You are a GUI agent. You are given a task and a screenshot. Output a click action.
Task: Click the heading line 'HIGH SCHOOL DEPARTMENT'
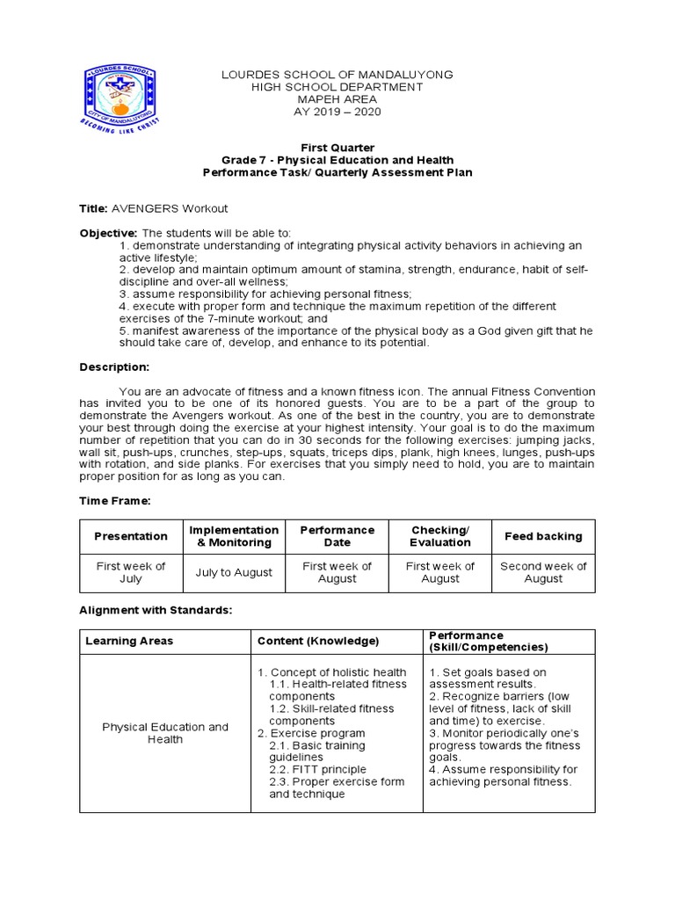337,87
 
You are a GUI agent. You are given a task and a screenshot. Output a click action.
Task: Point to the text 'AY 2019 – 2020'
337,112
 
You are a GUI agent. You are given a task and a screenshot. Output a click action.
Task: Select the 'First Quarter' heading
337,148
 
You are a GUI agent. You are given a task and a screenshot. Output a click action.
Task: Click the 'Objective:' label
114,232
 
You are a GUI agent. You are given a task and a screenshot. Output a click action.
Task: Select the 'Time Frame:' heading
116,499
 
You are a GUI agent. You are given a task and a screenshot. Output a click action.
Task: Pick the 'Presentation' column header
131,536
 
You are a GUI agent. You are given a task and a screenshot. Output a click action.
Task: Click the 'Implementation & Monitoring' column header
234,536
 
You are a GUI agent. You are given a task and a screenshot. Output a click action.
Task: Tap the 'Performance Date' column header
337,536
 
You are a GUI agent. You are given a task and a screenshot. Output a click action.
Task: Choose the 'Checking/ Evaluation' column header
439,536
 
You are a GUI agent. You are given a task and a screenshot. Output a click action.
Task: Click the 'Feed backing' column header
543,536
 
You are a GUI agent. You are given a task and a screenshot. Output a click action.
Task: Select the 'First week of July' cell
131,572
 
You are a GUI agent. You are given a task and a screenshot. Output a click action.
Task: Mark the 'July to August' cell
234,572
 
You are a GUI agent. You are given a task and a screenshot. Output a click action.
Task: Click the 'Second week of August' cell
543,572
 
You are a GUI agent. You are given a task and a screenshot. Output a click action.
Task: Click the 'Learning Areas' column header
129,641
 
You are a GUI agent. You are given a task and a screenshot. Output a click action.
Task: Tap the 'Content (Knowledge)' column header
318,641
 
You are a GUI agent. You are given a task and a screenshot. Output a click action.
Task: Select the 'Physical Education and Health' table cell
165,733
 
